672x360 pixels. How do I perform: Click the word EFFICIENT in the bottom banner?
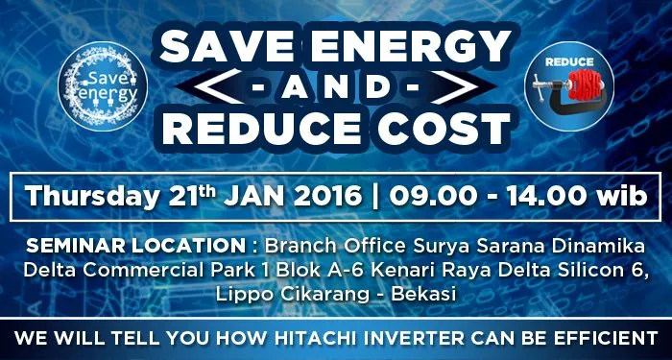pyautogui.click(x=593, y=338)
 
